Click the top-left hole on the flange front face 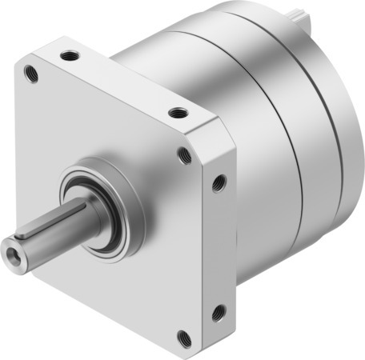click(33, 74)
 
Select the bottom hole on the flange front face click(183, 336)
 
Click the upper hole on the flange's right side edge click(218, 184)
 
